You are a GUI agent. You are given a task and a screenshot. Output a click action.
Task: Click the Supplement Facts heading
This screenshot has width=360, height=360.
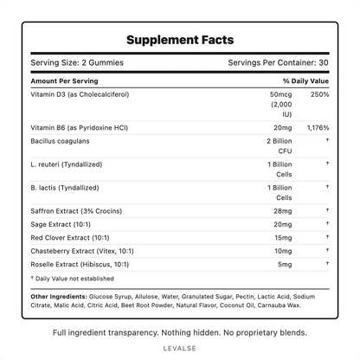pos(180,41)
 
